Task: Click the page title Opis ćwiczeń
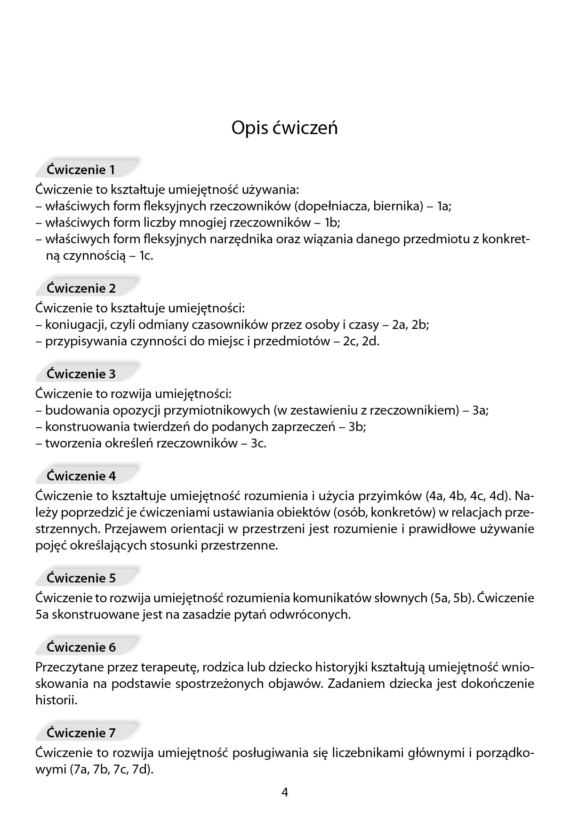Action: [284, 128]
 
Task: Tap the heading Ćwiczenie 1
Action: [81, 170]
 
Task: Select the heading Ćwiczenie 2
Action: [81, 288]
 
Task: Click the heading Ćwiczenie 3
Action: [81, 374]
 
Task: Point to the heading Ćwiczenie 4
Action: [81, 476]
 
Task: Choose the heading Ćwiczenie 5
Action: [81, 578]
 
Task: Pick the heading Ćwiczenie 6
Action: [81, 647]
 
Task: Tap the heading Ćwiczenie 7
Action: [81, 733]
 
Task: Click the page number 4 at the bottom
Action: [285, 793]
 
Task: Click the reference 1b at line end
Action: [332, 223]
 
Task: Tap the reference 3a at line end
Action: [481, 410]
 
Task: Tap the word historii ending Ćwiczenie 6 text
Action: [56, 700]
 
